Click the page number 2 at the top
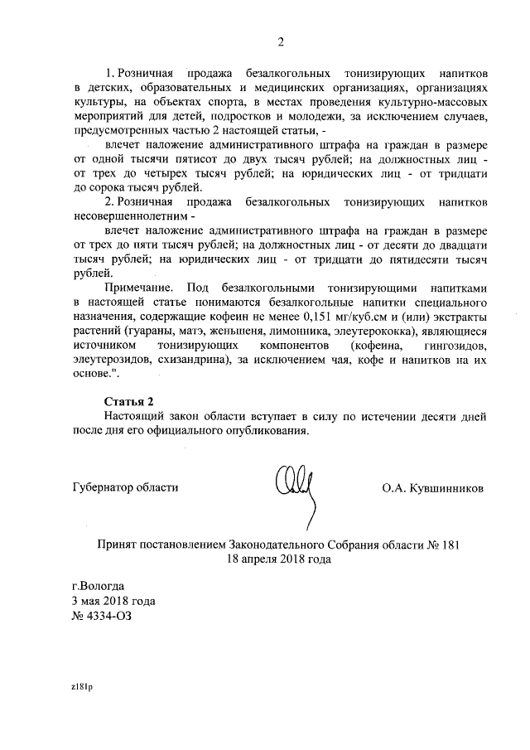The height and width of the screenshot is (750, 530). click(x=281, y=42)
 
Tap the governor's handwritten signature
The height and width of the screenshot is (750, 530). click(x=294, y=488)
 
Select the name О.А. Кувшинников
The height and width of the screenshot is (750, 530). click(x=433, y=488)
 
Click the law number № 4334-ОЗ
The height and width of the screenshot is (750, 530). click(x=102, y=616)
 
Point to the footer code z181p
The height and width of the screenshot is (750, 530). click(x=81, y=687)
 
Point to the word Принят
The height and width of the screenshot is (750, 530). click(x=118, y=545)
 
